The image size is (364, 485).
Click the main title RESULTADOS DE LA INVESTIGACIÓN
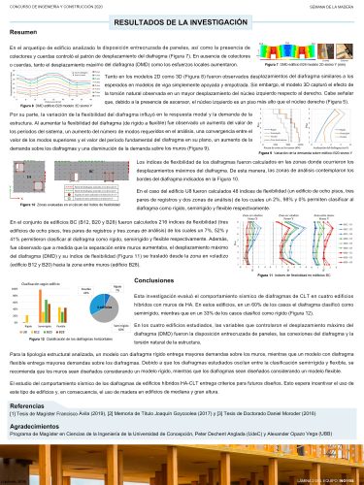[182, 19]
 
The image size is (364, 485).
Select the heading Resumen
[24, 33]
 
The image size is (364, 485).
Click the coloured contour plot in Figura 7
[292, 44]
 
